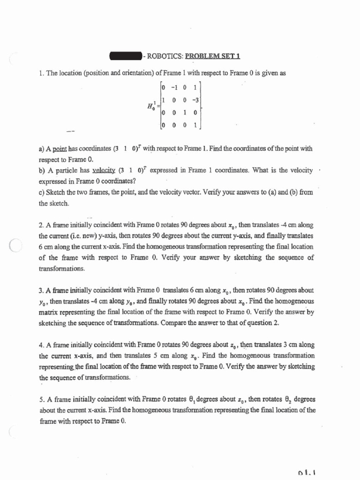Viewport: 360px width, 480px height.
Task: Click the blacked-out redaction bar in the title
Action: [125, 57]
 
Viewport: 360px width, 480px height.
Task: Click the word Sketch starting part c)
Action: [55, 193]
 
